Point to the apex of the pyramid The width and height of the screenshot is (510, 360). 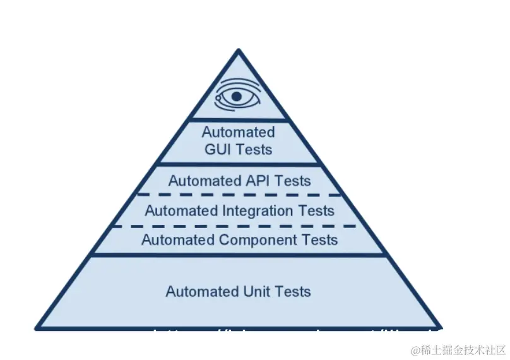coord(239,50)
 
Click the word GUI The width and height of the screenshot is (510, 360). coord(220,150)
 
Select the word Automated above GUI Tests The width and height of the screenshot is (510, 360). coord(239,133)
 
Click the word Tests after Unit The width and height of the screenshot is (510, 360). coord(291,291)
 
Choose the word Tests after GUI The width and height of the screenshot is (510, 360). coord(255,150)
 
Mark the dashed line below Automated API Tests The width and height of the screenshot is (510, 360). coord(239,195)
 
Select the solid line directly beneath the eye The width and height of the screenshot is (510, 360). coord(240,120)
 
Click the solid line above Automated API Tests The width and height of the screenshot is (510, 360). coord(239,165)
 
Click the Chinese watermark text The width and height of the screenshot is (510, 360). coord(460,350)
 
